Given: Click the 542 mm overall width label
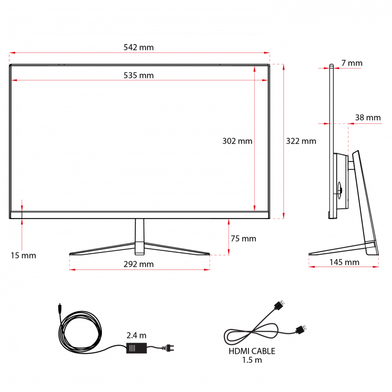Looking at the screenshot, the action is pyautogui.click(x=139, y=47).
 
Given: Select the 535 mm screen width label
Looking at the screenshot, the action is pyautogui.click(x=139, y=75).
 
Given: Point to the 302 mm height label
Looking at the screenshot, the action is pyautogui.click(x=237, y=141).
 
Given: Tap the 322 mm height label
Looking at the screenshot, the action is pyautogui.click(x=301, y=141).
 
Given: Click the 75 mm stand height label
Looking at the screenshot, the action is pyautogui.click(x=243, y=239).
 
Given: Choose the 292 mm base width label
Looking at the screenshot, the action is pyautogui.click(x=139, y=264).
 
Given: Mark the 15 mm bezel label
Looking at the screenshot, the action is pyautogui.click(x=23, y=255).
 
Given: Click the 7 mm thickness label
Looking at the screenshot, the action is pyautogui.click(x=352, y=63).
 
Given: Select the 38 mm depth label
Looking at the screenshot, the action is pyautogui.click(x=368, y=118).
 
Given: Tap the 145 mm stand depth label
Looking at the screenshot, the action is pyautogui.click(x=344, y=262).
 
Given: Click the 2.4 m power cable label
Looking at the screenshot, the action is pyautogui.click(x=136, y=335).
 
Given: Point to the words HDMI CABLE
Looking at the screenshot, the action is pyautogui.click(x=252, y=351).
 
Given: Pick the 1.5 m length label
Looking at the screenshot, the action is pyautogui.click(x=252, y=360).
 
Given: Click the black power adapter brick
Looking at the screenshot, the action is pyautogui.click(x=137, y=348).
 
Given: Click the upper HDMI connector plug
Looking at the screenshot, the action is pyautogui.click(x=280, y=305).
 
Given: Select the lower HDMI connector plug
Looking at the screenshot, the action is pyautogui.click(x=301, y=329).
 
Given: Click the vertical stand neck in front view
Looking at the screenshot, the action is pyautogui.click(x=140, y=237).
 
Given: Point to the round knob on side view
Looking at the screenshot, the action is pyautogui.click(x=340, y=191).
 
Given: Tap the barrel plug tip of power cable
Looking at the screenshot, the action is pyautogui.click(x=60, y=309).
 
